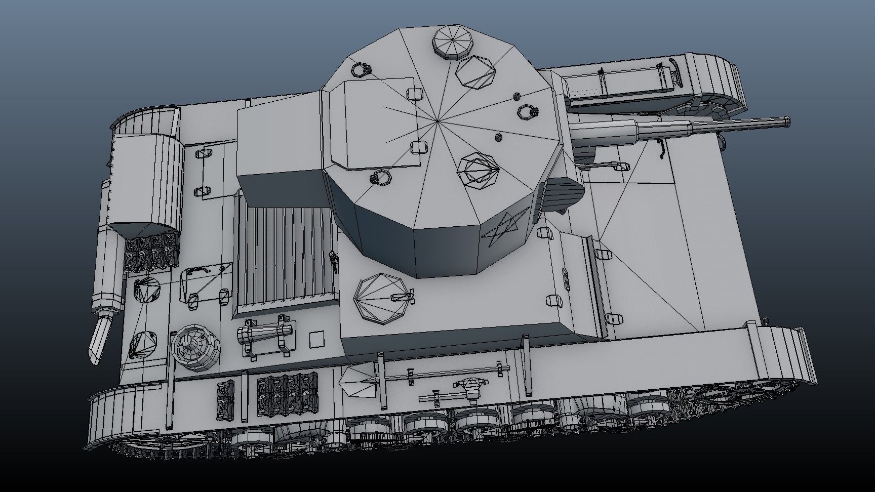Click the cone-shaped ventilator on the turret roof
[478, 172]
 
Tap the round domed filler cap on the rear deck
[194, 347]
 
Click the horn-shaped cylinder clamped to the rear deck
[265, 334]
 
